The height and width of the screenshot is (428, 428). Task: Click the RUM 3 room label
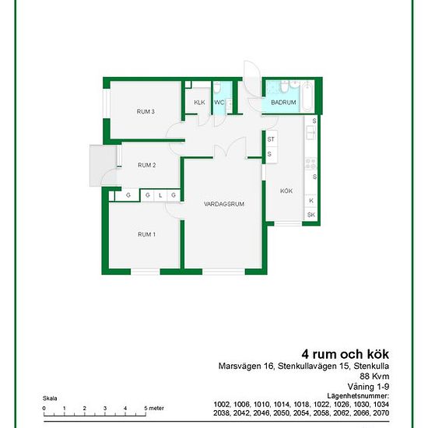pos(146,111)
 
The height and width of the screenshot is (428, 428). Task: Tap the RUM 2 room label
pos(146,165)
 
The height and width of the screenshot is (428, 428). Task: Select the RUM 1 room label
pos(146,234)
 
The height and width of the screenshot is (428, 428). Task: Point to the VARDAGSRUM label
pos(224,204)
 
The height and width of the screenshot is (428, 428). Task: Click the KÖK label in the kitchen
pos(286,191)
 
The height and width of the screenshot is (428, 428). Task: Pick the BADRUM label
pos(283,103)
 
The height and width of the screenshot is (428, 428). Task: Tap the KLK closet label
pos(199,103)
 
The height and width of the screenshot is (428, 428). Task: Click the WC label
pos(219,103)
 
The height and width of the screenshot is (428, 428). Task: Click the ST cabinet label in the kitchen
pos(271,139)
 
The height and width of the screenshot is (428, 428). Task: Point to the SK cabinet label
pos(311,215)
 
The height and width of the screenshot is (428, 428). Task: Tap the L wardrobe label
pos(160,195)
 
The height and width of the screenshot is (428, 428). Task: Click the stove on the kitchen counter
pos(310,163)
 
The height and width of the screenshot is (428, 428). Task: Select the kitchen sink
pos(310,132)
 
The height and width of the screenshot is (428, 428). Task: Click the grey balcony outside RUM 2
pos(103,166)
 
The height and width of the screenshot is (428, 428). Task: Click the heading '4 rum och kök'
pos(345,354)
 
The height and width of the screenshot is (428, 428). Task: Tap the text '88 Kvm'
pos(374,376)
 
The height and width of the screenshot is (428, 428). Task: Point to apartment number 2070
pos(381,413)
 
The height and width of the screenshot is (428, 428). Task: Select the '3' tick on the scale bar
pos(105,409)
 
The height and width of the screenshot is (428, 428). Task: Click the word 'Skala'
pos(50,398)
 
